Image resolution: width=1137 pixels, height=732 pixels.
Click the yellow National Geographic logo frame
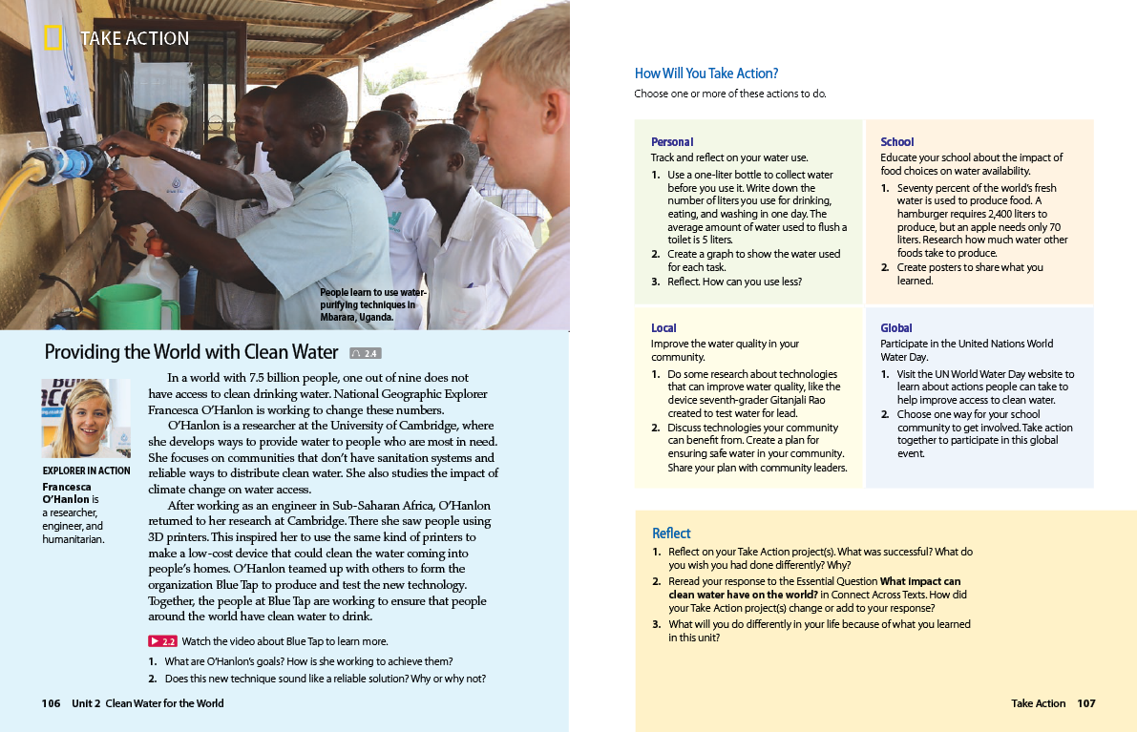pyautogui.click(x=53, y=38)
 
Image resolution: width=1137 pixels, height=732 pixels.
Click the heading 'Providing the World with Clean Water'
pyautogui.click(x=191, y=352)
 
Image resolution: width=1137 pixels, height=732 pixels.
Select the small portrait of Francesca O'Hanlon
pyautogui.click(x=86, y=418)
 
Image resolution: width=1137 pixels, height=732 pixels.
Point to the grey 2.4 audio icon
pyautogui.click(x=366, y=353)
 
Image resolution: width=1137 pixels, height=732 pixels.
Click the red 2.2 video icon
pyautogui.click(x=162, y=641)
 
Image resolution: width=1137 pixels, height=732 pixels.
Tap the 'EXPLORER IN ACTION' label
pyautogui.click(x=87, y=471)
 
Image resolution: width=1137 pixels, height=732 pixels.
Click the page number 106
pyautogui.click(x=51, y=703)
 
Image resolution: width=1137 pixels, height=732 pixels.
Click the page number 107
pyautogui.click(x=1086, y=703)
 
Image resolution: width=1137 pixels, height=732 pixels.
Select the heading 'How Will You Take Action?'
pyautogui.click(x=706, y=73)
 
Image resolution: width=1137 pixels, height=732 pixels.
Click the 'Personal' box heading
pyautogui.click(x=672, y=142)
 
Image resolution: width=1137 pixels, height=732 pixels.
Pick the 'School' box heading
pyautogui.click(x=896, y=142)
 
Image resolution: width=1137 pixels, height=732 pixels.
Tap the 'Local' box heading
pyautogui.click(x=663, y=328)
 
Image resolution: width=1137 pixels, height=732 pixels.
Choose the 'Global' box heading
pyautogui.click(x=896, y=328)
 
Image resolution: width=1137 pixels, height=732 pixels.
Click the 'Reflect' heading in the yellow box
pyautogui.click(x=671, y=533)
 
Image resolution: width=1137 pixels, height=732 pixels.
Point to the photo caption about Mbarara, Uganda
pyautogui.click(x=373, y=304)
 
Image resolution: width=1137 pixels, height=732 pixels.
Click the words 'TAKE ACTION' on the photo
pyautogui.click(x=135, y=38)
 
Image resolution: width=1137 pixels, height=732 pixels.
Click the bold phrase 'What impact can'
pyautogui.click(x=919, y=581)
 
